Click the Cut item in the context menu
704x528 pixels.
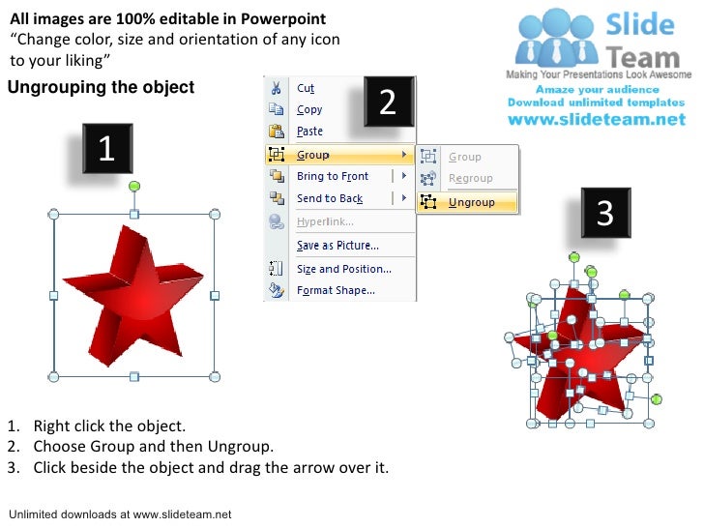306,88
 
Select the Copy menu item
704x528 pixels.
309,110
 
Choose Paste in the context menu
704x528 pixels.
309,132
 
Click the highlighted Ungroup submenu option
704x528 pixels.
471,202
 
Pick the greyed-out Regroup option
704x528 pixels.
470,178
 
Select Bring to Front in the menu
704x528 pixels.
332,176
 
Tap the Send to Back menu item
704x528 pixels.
329,198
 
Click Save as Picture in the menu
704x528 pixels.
337,246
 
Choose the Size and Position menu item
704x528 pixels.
343,269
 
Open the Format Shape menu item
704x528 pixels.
336,290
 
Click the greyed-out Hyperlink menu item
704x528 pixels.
324,221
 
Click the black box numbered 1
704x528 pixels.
106,151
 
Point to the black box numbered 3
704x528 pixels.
604,213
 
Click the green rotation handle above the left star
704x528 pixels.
134,185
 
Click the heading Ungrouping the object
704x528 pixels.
102,88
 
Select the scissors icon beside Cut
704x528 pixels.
277,88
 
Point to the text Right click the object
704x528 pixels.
108,426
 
